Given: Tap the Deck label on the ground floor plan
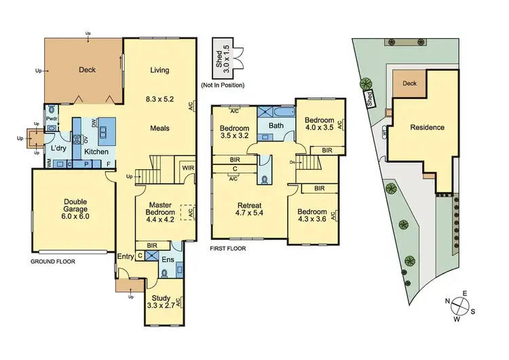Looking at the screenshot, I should click(x=88, y=69).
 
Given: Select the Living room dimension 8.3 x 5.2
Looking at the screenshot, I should click(x=160, y=99).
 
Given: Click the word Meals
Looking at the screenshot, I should click(x=160, y=128).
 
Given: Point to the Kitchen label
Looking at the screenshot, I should click(x=96, y=151).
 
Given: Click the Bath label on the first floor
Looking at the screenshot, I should click(x=276, y=126).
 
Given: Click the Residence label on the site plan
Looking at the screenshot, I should click(x=427, y=128).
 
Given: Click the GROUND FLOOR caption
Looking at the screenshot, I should click(x=52, y=261).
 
